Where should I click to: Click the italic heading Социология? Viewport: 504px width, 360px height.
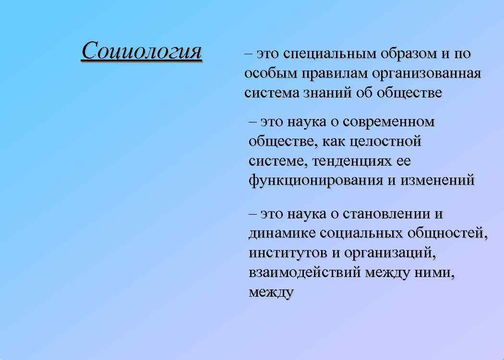point(142,50)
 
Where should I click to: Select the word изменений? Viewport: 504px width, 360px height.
point(436,180)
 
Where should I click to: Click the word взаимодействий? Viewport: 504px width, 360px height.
point(304,272)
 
